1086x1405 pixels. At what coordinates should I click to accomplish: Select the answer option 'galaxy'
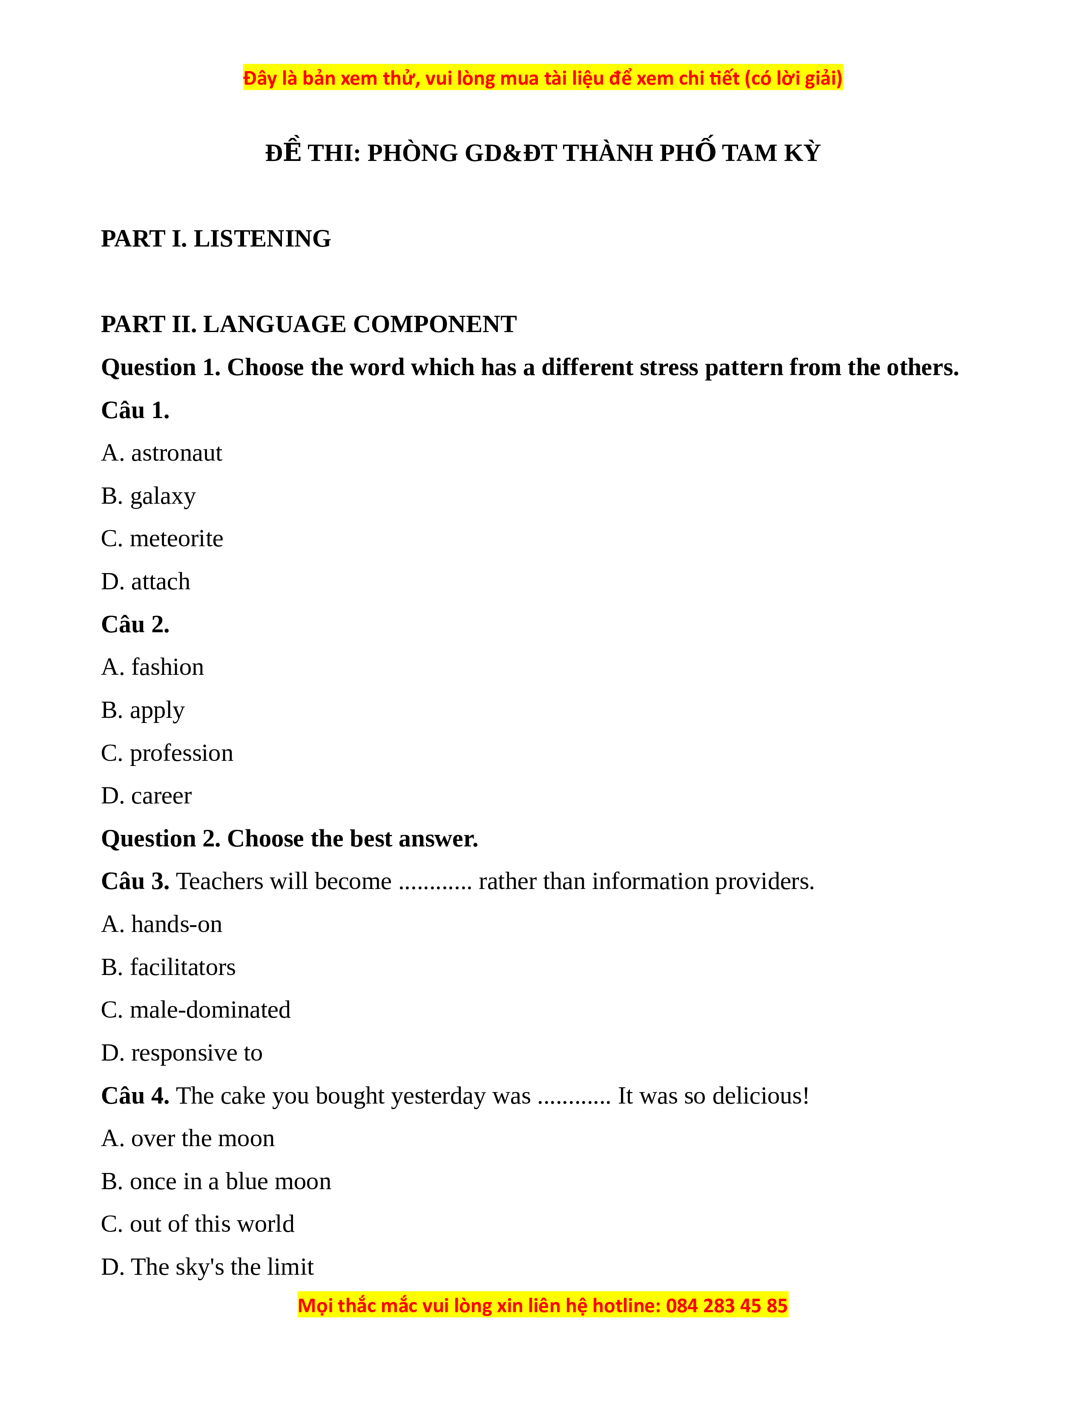149,496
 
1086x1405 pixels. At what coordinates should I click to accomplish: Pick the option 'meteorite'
162,539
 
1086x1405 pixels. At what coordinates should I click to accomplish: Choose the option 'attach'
146,582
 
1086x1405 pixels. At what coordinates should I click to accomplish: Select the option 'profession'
167,753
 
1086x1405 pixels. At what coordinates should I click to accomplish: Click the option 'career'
147,797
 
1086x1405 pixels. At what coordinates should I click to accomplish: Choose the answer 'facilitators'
169,968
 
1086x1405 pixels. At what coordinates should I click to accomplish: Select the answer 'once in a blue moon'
216,1182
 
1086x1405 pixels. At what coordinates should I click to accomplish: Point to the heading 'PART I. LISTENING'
216,239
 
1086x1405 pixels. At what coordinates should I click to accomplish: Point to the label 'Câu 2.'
135,625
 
